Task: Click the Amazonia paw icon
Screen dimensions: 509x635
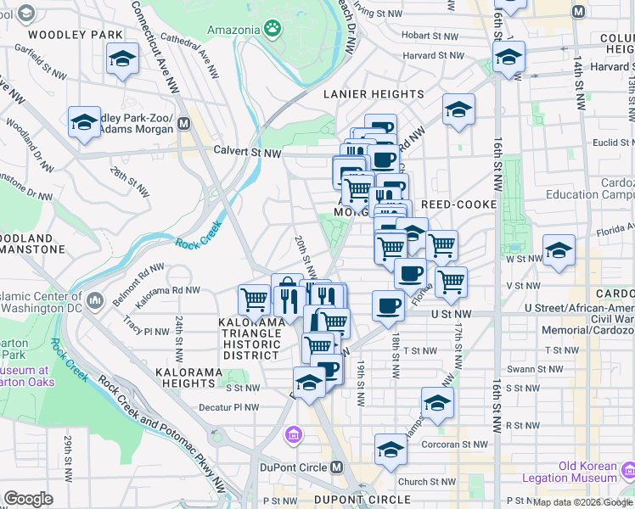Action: tap(273, 30)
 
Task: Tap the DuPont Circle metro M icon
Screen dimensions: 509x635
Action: tap(337, 467)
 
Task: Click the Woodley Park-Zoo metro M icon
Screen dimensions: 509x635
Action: tap(183, 125)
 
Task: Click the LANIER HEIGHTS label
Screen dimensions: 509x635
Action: tap(374, 94)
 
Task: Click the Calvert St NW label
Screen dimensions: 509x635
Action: tap(247, 153)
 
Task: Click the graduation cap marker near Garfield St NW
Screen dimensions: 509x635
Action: tap(123, 59)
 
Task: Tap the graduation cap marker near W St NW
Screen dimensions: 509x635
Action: tap(559, 250)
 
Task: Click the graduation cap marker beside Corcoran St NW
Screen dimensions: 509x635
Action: tap(391, 449)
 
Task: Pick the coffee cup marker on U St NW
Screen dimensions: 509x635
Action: tap(388, 305)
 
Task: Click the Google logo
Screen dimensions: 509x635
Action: tap(28, 499)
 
